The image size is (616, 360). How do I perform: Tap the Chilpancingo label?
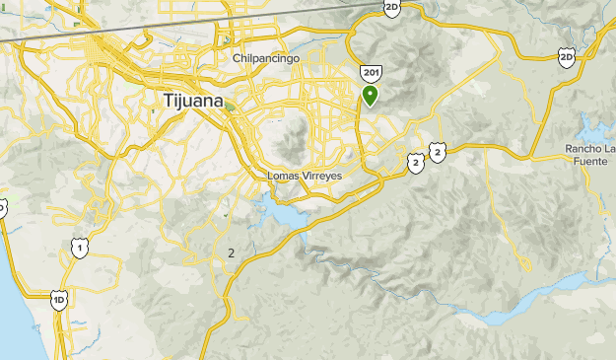tap(266, 58)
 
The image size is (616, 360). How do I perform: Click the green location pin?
tap(371, 95)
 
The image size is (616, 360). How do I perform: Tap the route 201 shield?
tap(371, 74)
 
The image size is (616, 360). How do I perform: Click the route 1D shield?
tap(59, 299)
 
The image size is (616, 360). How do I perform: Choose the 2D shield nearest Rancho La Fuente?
tap(566, 58)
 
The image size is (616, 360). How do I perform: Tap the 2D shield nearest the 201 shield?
tap(392, 8)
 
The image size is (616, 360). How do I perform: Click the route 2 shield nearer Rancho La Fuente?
tap(438, 151)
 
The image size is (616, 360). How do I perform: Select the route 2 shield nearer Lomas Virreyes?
tap(416, 162)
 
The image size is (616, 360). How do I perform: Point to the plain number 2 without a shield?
tap(231, 253)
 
